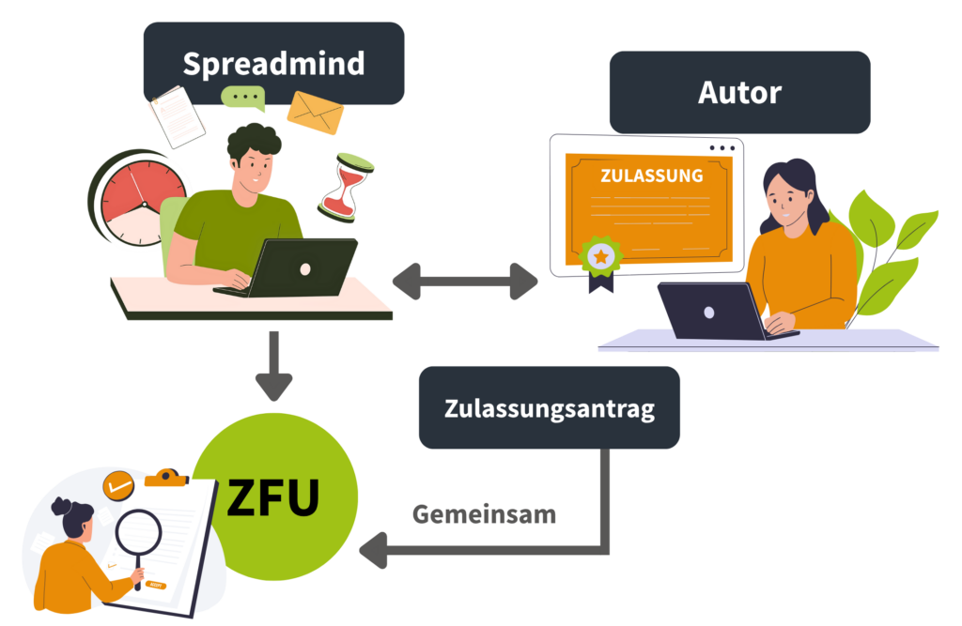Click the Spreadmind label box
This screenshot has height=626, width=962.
pos(273,64)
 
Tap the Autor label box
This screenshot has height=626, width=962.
pos(739,92)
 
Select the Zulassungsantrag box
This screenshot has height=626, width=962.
pos(549,408)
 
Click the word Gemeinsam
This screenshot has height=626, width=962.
pos(484,514)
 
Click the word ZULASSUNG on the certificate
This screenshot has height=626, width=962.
pos(651,176)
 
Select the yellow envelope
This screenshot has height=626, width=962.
pos(316,113)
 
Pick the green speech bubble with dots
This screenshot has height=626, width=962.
pos(243,98)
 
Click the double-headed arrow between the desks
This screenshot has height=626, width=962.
pos(465,281)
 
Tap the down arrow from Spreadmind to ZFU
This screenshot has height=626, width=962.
pos(273,366)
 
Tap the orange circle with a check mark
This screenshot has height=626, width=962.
pos(118,485)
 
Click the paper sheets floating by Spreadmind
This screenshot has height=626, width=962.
pos(177,115)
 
